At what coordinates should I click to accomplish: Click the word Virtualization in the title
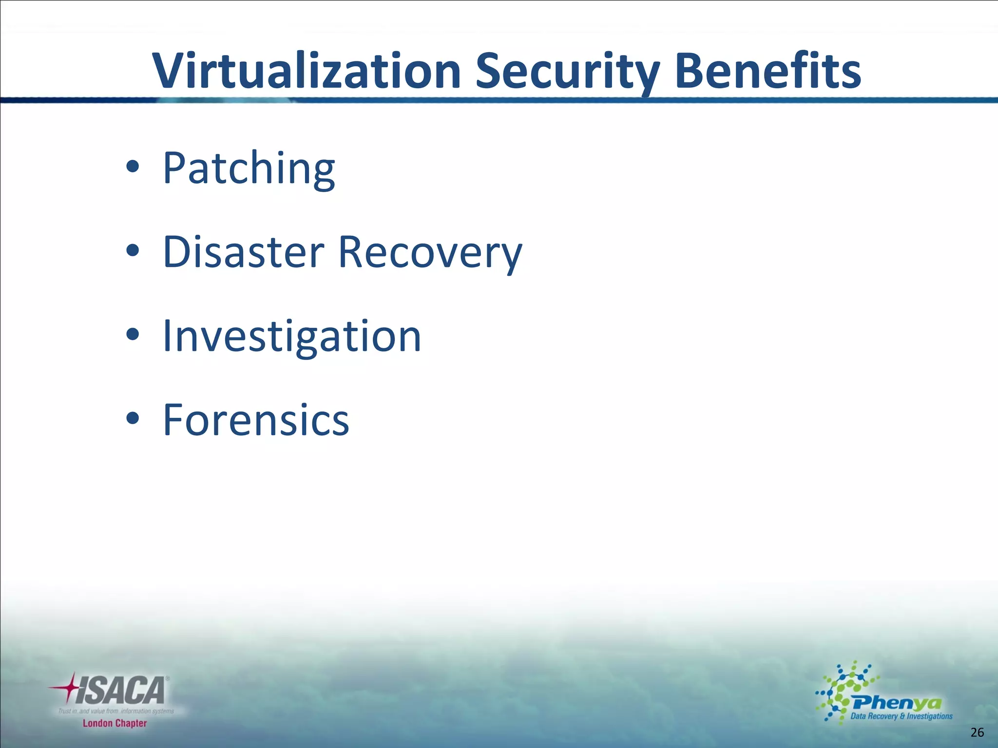(x=307, y=72)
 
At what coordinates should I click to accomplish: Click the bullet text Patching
(x=249, y=168)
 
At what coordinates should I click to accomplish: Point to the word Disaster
(x=243, y=252)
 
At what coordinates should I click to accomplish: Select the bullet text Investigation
(x=291, y=336)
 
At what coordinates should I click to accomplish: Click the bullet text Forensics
(x=256, y=420)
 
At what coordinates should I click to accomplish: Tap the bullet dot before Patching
(x=133, y=168)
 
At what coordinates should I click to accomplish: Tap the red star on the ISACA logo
(x=68, y=688)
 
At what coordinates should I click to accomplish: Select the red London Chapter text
(x=115, y=723)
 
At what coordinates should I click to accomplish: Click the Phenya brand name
(x=897, y=703)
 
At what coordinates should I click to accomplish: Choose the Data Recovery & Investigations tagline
(x=901, y=716)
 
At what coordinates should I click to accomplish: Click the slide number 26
(x=977, y=732)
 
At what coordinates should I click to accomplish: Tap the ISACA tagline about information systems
(x=116, y=711)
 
